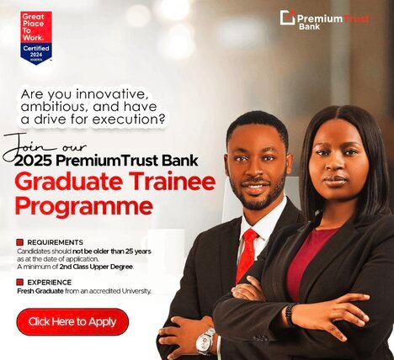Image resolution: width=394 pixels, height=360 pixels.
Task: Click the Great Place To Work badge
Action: coord(36,38)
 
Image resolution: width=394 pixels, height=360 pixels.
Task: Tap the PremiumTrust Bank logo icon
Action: coord(287,18)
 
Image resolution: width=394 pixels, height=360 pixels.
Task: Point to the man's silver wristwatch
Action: coord(205,341)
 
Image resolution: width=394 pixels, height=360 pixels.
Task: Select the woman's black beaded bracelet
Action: coord(290,315)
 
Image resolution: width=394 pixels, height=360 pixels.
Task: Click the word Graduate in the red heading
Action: coord(69,183)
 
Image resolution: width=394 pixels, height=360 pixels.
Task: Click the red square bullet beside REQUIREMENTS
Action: coord(19,242)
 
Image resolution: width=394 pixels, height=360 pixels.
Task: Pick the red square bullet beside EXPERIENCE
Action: coord(19,282)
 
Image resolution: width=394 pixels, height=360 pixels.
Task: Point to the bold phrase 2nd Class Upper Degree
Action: coord(96,267)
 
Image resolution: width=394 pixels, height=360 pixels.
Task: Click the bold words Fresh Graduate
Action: coord(40,291)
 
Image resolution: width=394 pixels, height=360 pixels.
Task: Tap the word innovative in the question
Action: coord(111,94)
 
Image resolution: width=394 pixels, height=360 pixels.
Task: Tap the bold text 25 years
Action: coord(138,251)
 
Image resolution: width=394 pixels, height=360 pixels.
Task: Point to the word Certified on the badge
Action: coord(36,48)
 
